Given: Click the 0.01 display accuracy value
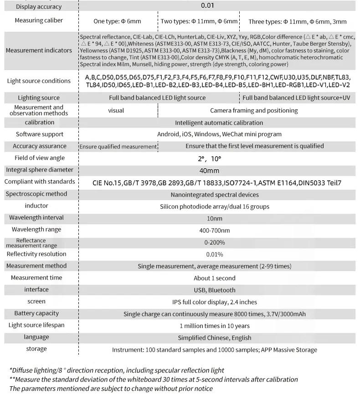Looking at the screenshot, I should (207, 6).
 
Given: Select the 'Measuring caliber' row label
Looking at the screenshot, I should (39, 20).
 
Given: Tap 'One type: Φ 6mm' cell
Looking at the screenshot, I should (117, 21).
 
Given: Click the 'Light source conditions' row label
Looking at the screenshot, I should (39, 81).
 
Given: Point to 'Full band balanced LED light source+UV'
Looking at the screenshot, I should (296, 98).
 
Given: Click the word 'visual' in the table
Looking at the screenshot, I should (116, 111).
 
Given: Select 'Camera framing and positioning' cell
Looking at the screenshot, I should (254, 111).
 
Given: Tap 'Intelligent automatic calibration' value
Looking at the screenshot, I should (219, 123).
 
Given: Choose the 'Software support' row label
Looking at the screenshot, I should (40, 134).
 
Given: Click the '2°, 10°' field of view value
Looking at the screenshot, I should (209, 158).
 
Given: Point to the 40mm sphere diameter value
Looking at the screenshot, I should (209, 171).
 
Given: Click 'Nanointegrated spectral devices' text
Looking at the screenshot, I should (215, 195).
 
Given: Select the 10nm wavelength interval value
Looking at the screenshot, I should (214, 219).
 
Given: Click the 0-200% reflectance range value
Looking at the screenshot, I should (214, 243).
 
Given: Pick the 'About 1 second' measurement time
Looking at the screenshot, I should (214, 278).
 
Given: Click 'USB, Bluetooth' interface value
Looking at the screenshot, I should (214, 290).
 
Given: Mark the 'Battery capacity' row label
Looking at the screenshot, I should (36, 313).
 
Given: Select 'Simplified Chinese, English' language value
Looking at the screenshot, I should (214, 338).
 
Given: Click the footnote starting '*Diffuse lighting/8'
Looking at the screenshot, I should (117, 371).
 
